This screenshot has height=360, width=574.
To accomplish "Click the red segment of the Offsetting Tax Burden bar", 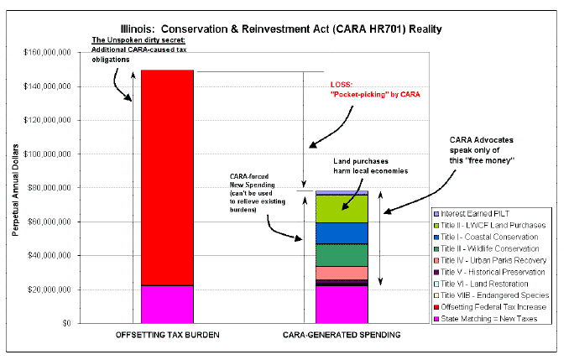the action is pyautogui.click(x=167, y=178).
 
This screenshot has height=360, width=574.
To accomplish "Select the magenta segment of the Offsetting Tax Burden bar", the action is pyautogui.click(x=167, y=305).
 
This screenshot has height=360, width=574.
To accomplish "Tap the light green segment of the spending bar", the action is pyautogui.click(x=342, y=209).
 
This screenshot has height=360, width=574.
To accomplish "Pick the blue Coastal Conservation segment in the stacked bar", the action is pyautogui.click(x=342, y=233).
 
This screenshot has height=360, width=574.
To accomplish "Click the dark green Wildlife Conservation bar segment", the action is pyautogui.click(x=342, y=255).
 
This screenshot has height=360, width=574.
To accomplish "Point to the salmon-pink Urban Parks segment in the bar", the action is pyautogui.click(x=342, y=274).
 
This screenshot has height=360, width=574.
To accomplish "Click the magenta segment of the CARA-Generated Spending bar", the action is pyautogui.click(x=342, y=305).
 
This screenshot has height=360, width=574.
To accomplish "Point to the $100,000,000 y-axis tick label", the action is pyautogui.click(x=47, y=154).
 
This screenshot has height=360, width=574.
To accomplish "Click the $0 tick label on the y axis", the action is pyautogui.click(x=66, y=323).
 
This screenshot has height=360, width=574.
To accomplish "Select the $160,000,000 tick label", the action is pyautogui.click(x=47, y=52).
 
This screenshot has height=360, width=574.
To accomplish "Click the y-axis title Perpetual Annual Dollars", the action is pyautogui.click(x=15, y=190).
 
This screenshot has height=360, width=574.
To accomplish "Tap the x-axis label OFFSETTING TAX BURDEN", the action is pyautogui.click(x=167, y=335).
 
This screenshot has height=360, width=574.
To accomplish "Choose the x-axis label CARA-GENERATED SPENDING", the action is pyautogui.click(x=342, y=335).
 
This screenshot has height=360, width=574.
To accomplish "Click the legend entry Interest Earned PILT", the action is pyautogui.click(x=472, y=213).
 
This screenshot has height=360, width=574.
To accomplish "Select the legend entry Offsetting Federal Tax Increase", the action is pyautogui.click(x=490, y=307).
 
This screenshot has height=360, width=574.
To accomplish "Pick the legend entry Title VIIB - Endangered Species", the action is pyautogui.click(x=491, y=295).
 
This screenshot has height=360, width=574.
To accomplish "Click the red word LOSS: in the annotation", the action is pyautogui.click(x=342, y=85).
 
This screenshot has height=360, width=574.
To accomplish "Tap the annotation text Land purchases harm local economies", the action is pyautogui.click(x=370, y=166).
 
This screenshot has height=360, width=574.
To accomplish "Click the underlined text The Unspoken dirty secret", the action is pyautogui.click(x=138, y=40).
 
